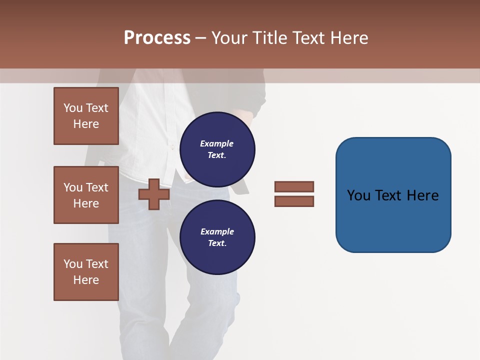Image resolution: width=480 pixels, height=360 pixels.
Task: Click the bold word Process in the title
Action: (x=157, y=38)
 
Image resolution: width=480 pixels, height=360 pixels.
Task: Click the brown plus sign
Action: (x=154, y=194)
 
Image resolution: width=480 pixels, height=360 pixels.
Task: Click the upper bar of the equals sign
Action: (x=294, y=186)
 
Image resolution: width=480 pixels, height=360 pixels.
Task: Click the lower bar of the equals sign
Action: (x=294, y=201)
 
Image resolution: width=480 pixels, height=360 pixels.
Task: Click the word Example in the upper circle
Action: (x=216, y=143)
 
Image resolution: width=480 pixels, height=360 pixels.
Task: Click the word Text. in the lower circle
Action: (x=217, y=243)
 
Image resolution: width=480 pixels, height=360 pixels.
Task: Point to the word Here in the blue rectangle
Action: (x=422, y=195)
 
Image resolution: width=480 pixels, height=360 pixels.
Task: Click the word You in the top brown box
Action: (x=72, y=108)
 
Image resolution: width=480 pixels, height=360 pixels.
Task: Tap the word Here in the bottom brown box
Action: (x=86, y=280)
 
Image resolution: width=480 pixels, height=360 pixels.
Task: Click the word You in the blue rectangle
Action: (x=358, y=195)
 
